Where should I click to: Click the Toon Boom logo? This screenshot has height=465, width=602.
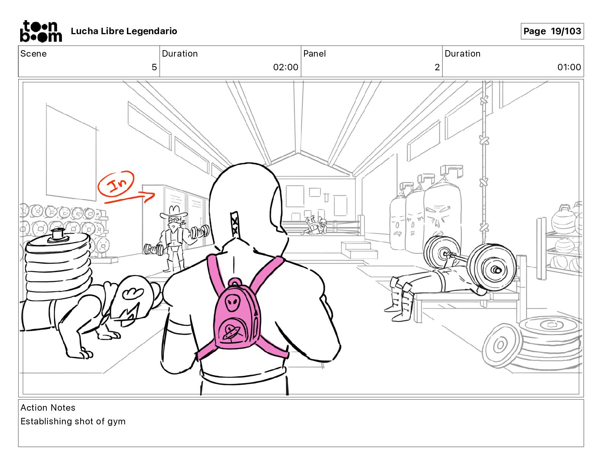click(41, 31)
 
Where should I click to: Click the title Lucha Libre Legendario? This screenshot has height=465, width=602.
click(124, 31)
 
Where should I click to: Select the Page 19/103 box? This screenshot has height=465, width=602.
click(552, 31)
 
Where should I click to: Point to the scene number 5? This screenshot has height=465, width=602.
click(154, 67)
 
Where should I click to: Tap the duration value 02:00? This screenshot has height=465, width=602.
click(285, 67)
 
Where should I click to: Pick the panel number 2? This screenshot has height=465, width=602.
click(437, 67)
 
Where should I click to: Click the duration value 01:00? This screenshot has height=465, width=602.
click(569, 67)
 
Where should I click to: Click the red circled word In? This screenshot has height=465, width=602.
click(116, 184)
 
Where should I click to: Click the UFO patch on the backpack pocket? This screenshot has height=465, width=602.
click(230, 333)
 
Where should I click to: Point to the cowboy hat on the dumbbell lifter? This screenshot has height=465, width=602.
click(173, 212)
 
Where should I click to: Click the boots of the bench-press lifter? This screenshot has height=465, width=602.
click(398, 300)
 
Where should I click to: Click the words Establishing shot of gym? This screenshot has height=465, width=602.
click(73, 421)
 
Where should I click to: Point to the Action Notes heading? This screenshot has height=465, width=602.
click(48, 408)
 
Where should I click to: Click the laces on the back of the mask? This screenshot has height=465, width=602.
click(234, 223)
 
